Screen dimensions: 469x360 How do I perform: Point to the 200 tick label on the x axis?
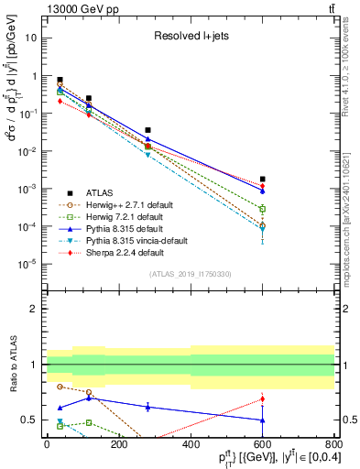pos(118,444)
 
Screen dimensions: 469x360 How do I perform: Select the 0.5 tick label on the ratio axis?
pos(30,420)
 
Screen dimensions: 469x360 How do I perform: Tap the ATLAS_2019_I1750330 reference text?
pos(191,274)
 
